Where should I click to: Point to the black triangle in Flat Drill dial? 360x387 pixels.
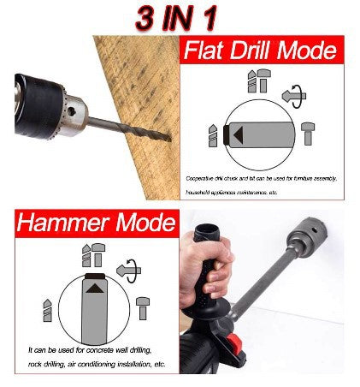coord(238,134)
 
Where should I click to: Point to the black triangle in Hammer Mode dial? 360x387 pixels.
coord(92,291)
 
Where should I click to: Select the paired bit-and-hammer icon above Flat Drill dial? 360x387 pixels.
coord(257,80)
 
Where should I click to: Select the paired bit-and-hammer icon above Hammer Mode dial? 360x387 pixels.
coord(91,254)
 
